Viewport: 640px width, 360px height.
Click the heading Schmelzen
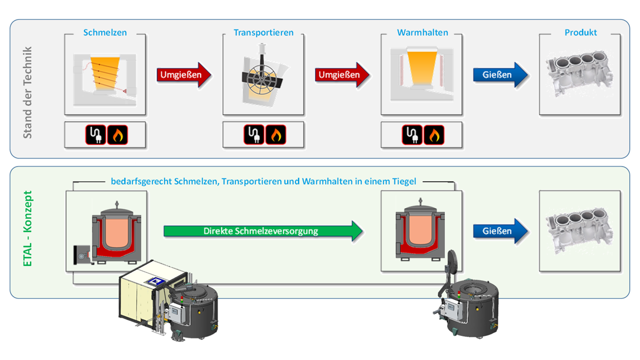coord(105,32)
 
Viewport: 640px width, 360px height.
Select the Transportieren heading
coord(263,32)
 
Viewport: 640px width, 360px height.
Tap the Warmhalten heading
coord(422,32)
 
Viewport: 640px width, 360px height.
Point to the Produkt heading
coord(580,32)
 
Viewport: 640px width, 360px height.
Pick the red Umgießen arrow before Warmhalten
coord(342,75)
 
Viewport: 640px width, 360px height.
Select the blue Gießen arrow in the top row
coord(500,75)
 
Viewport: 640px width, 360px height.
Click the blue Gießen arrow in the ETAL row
coord(500,231)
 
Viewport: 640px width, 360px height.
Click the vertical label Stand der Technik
coord(28,92)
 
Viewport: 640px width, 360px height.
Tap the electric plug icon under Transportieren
coord(254,135)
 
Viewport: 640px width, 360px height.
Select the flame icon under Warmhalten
coord(434,135)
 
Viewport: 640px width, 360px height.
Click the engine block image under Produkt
coord(580,75)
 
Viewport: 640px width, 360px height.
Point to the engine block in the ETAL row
coord(580,231)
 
